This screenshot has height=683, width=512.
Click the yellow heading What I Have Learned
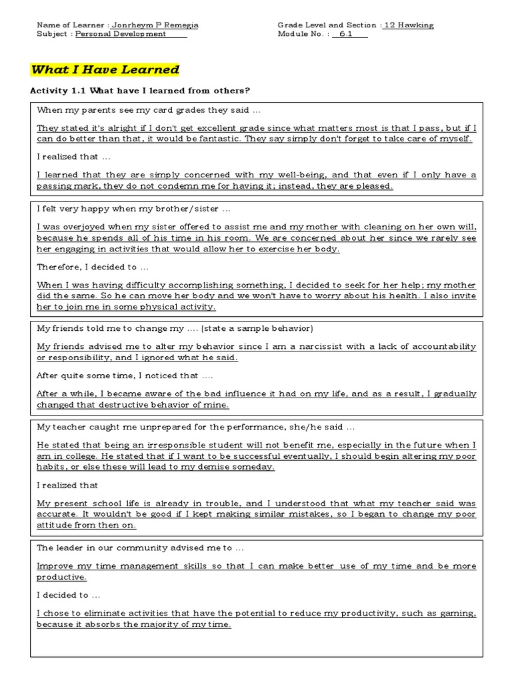(x=105, y=69)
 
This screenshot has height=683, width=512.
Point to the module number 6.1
(x=346, y=34)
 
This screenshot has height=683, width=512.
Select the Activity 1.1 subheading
(x=140, y=91)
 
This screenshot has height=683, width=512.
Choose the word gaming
(x=459, y=614)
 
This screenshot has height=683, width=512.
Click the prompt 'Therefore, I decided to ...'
(x=87, y=267)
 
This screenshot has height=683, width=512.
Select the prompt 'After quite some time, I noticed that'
(x=125, y=376)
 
